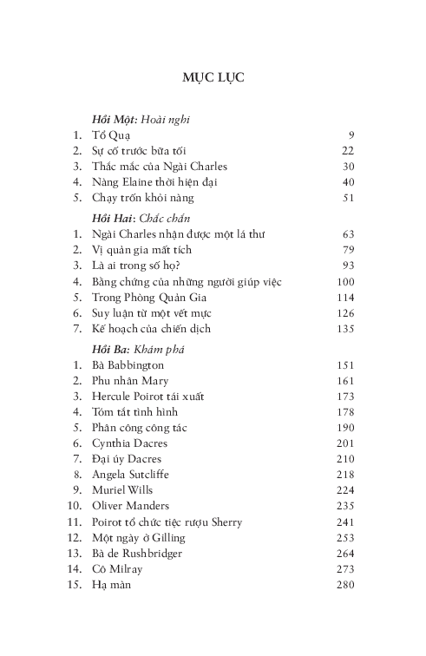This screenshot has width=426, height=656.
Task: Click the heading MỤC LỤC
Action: [213, 77]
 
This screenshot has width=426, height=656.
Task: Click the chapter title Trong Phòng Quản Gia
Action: [147, 298]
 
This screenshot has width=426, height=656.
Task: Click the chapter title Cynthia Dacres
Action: [132, 443]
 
